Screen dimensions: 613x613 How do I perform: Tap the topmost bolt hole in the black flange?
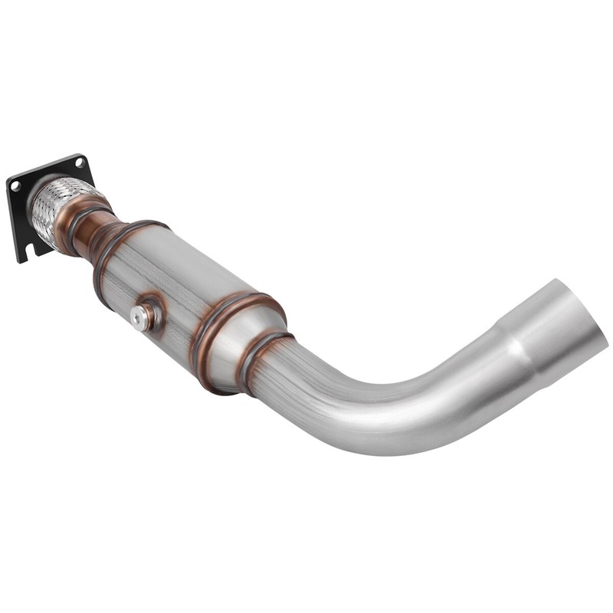tap(80, 162)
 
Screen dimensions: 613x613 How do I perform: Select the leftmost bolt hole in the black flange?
tap(15, 186)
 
